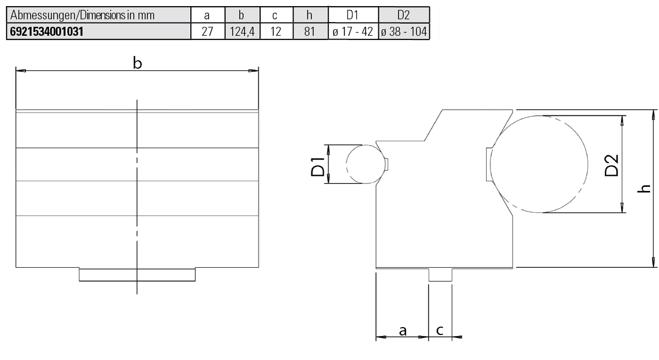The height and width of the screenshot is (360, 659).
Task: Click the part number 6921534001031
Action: (x=47, y=33)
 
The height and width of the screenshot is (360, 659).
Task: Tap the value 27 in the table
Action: (x=207, y=33)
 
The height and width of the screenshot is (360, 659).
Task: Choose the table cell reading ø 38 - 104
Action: (x=403, y=33)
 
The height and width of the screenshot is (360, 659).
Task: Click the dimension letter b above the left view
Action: (x=137, y=64)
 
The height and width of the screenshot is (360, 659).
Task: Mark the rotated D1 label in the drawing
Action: (x=318, y=164)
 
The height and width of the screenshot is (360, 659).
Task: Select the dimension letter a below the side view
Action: (x=403, y=331)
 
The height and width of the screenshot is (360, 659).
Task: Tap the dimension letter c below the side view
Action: (x=440, y=331)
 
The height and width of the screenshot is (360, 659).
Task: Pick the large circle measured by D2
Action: (x=539, y=164)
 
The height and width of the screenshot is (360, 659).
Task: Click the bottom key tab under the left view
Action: (x=137, y=275)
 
